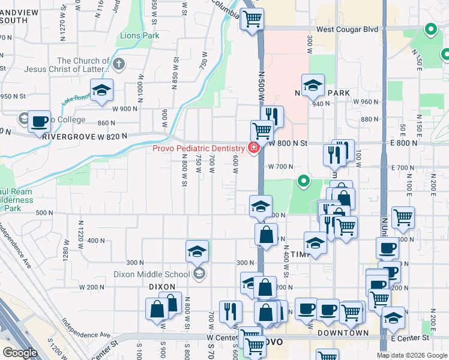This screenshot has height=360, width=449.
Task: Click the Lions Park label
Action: tap(139, 35)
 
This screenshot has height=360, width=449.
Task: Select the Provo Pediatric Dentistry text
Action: tap(198, 148)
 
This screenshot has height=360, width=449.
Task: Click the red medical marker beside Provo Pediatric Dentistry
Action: tap(254, 148)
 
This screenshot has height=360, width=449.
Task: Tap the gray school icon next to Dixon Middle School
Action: tap(199, 274)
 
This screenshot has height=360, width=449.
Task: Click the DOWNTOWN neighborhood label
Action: tap(343, 332)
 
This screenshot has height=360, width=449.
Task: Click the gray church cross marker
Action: tap(119, 63)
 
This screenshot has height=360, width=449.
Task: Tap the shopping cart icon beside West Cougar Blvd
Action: tap(252, 19)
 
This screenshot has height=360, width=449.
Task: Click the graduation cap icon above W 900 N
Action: tap(102, 91)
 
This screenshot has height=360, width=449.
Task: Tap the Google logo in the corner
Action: tap(20, 353)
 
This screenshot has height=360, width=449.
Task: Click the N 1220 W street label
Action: tap(80, 230)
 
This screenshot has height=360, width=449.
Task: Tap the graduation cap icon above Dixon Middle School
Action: tap(197, 253)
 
